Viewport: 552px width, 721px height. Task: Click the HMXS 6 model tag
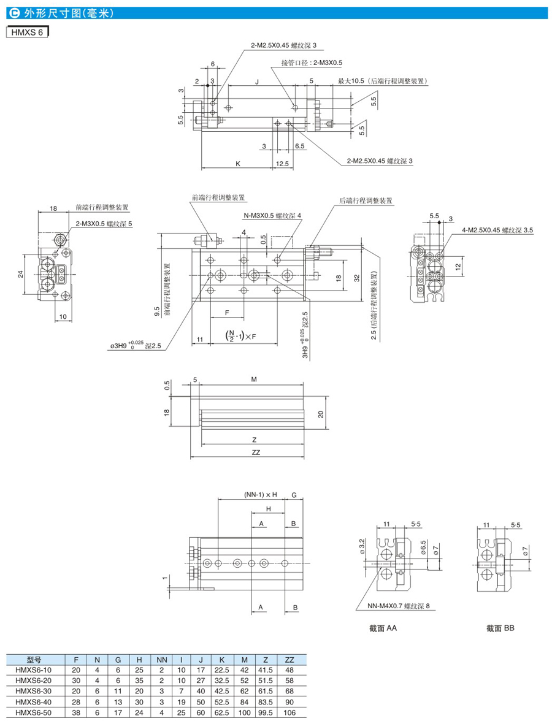tap(27, 32)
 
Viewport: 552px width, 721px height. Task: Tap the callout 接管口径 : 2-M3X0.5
tap(312, 63)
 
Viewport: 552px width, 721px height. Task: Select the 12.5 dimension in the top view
tap(282, 163)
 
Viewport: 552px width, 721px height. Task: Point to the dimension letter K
tap(237, 163)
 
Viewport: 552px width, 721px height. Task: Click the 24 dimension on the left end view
tap(20, 273)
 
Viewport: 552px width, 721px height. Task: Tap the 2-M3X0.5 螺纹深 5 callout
tap(104, 224)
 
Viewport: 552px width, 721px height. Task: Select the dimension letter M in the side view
tap(253, 380)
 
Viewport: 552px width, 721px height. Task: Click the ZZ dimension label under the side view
tap(256, 452)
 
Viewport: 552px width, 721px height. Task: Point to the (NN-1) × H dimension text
tap(261, 494)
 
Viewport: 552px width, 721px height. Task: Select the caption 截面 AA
tap(384, 628)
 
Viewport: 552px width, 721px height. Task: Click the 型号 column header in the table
tap(33, 660)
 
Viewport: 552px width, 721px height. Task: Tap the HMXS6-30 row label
tap(33, 691)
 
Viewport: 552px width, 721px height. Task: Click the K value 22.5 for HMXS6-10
tap(221, 670)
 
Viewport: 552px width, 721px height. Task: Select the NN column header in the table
tap(162, 660)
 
